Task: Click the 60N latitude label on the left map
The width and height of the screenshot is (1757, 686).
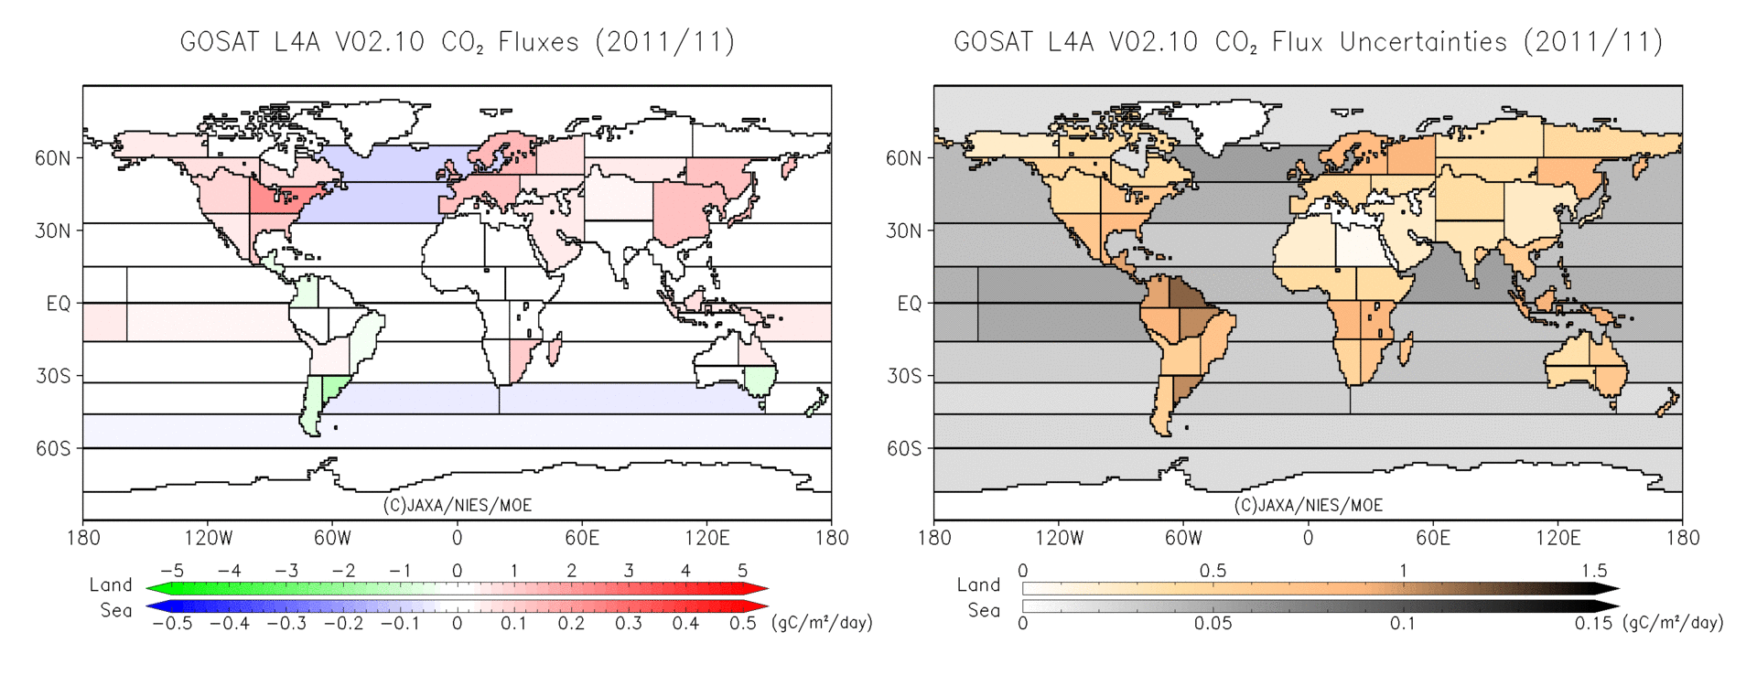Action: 52,158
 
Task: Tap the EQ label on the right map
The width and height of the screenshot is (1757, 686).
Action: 909,304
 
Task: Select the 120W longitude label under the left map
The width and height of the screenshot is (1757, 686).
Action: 208,538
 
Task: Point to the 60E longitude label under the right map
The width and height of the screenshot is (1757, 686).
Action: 1432,538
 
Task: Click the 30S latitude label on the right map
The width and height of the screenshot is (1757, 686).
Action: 903,376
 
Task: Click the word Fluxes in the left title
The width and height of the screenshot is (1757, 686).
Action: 538,42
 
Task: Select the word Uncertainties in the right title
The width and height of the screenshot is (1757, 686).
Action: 1423,42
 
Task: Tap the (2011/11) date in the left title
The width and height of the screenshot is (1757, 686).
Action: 664,42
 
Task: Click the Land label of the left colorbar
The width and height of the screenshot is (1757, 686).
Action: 111,584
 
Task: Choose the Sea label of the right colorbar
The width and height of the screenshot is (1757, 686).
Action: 984,610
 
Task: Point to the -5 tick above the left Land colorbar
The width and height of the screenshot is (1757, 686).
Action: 171,571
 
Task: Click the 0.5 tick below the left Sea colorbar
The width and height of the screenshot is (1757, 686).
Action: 742,624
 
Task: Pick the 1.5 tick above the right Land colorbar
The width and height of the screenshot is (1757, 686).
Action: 1593,571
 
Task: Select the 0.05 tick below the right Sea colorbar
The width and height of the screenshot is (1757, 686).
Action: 1213,624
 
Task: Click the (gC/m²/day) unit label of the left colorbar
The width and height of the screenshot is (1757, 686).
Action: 822,623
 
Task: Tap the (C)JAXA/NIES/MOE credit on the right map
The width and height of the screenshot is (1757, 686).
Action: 1308,505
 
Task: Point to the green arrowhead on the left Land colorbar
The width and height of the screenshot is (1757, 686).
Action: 156,589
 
